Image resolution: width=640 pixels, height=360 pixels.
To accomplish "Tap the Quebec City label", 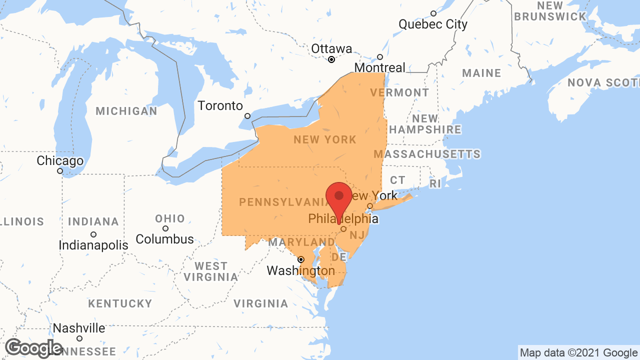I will click(433, 24).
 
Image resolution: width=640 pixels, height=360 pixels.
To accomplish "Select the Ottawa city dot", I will click(331, 59).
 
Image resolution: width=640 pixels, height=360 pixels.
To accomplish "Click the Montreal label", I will click(380, 67).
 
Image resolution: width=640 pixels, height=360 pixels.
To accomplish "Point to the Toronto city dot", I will click(247, 116).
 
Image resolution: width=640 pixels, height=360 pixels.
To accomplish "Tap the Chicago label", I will click(60, 161).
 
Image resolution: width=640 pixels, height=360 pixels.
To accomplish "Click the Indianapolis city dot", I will click(93, 234).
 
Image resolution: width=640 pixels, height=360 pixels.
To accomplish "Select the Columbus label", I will click(164, 239).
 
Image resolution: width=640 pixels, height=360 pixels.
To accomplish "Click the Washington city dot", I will click(300, 259).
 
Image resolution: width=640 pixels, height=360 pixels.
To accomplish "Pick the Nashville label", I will click(79, 328).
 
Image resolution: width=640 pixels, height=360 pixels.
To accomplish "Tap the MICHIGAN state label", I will click(126, 111).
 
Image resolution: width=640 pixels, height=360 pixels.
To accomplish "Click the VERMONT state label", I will click(399, 92).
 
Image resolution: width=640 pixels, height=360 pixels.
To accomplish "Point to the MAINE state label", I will click(481, 73).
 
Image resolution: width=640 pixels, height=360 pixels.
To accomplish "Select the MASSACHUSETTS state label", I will click(427, 154).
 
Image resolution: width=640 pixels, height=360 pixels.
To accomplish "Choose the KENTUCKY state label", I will click(120, 303).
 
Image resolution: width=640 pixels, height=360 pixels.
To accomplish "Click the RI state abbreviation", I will click(435, 183).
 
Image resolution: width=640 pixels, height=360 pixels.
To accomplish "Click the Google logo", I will click(34, 348).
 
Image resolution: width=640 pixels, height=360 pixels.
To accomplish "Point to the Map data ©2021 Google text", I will click(578, 353).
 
